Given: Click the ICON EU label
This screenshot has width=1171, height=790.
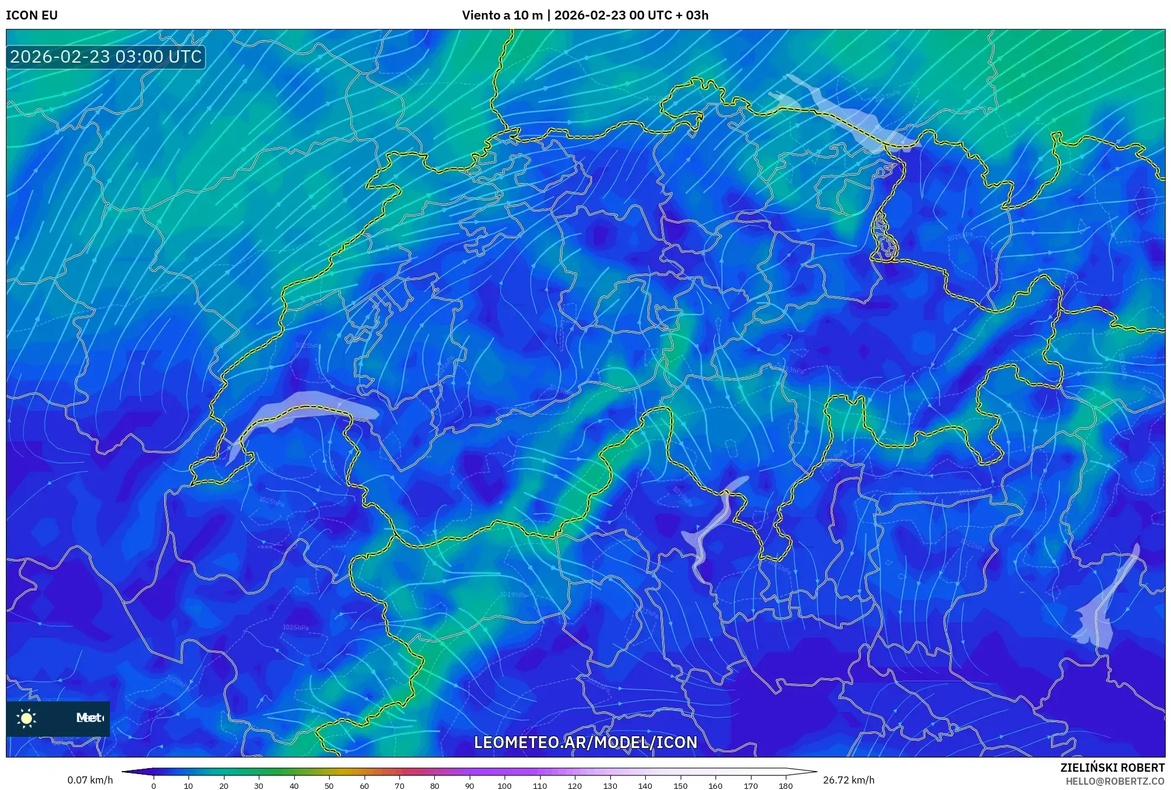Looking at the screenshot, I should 32,15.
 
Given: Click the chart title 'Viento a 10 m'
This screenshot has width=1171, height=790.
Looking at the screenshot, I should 502,15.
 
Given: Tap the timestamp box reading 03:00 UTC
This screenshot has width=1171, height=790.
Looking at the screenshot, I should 106,57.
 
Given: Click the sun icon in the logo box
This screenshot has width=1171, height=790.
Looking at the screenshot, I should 27,718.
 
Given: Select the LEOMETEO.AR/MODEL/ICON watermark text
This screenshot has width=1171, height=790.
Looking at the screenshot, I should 585,742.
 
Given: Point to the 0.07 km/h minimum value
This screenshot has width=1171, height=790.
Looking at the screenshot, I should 90,780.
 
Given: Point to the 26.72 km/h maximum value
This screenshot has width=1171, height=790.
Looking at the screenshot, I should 848,780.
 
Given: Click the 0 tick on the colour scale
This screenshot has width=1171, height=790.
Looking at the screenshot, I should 154,785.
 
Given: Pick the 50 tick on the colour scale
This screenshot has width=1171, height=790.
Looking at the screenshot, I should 329,785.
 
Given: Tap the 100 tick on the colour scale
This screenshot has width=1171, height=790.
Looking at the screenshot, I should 505,785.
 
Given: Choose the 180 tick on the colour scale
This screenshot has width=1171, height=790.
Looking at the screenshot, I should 785,785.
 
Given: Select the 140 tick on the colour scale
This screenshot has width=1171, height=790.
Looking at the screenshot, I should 645,785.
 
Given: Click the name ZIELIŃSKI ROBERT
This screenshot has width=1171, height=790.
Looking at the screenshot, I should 1112,768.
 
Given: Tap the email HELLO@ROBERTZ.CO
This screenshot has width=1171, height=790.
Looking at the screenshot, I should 1114,781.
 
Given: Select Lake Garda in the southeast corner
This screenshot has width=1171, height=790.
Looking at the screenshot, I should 1102,609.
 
